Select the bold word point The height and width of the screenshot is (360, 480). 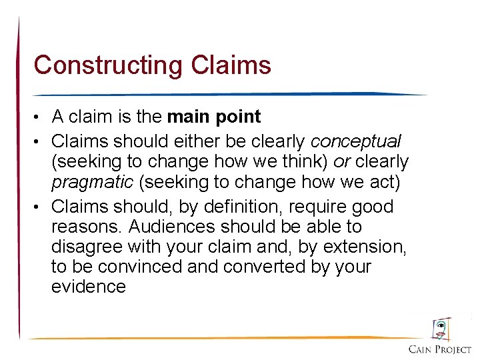(239, 117)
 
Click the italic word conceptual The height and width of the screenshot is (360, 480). (355, 141)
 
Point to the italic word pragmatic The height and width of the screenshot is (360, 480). (92, 181)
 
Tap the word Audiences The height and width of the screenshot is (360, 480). (176, 227)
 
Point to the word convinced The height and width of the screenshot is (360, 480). (139, 267)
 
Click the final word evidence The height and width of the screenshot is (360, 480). (89, 287)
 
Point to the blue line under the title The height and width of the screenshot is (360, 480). (227, 94)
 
